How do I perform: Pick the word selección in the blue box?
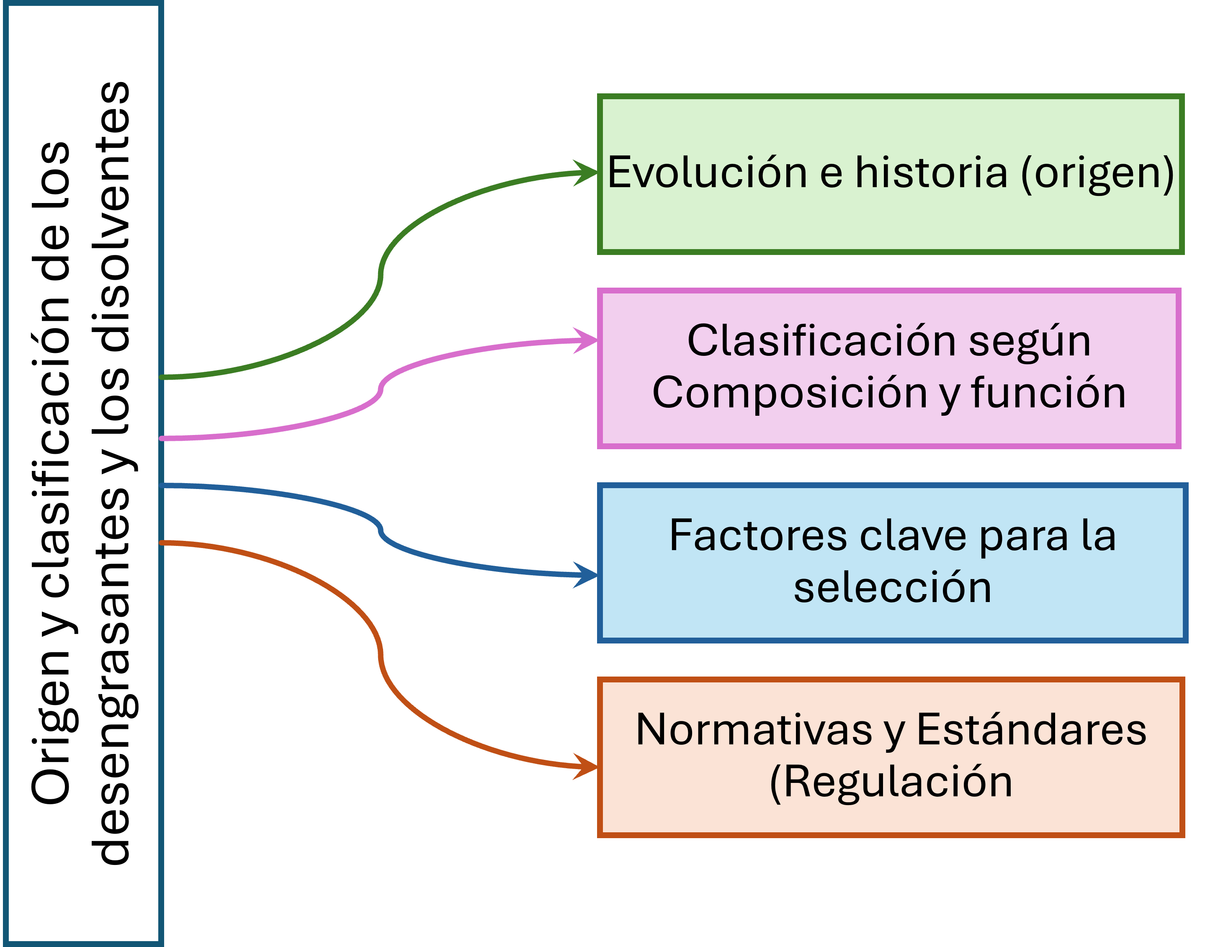892,588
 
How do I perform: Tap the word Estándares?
1031,730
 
